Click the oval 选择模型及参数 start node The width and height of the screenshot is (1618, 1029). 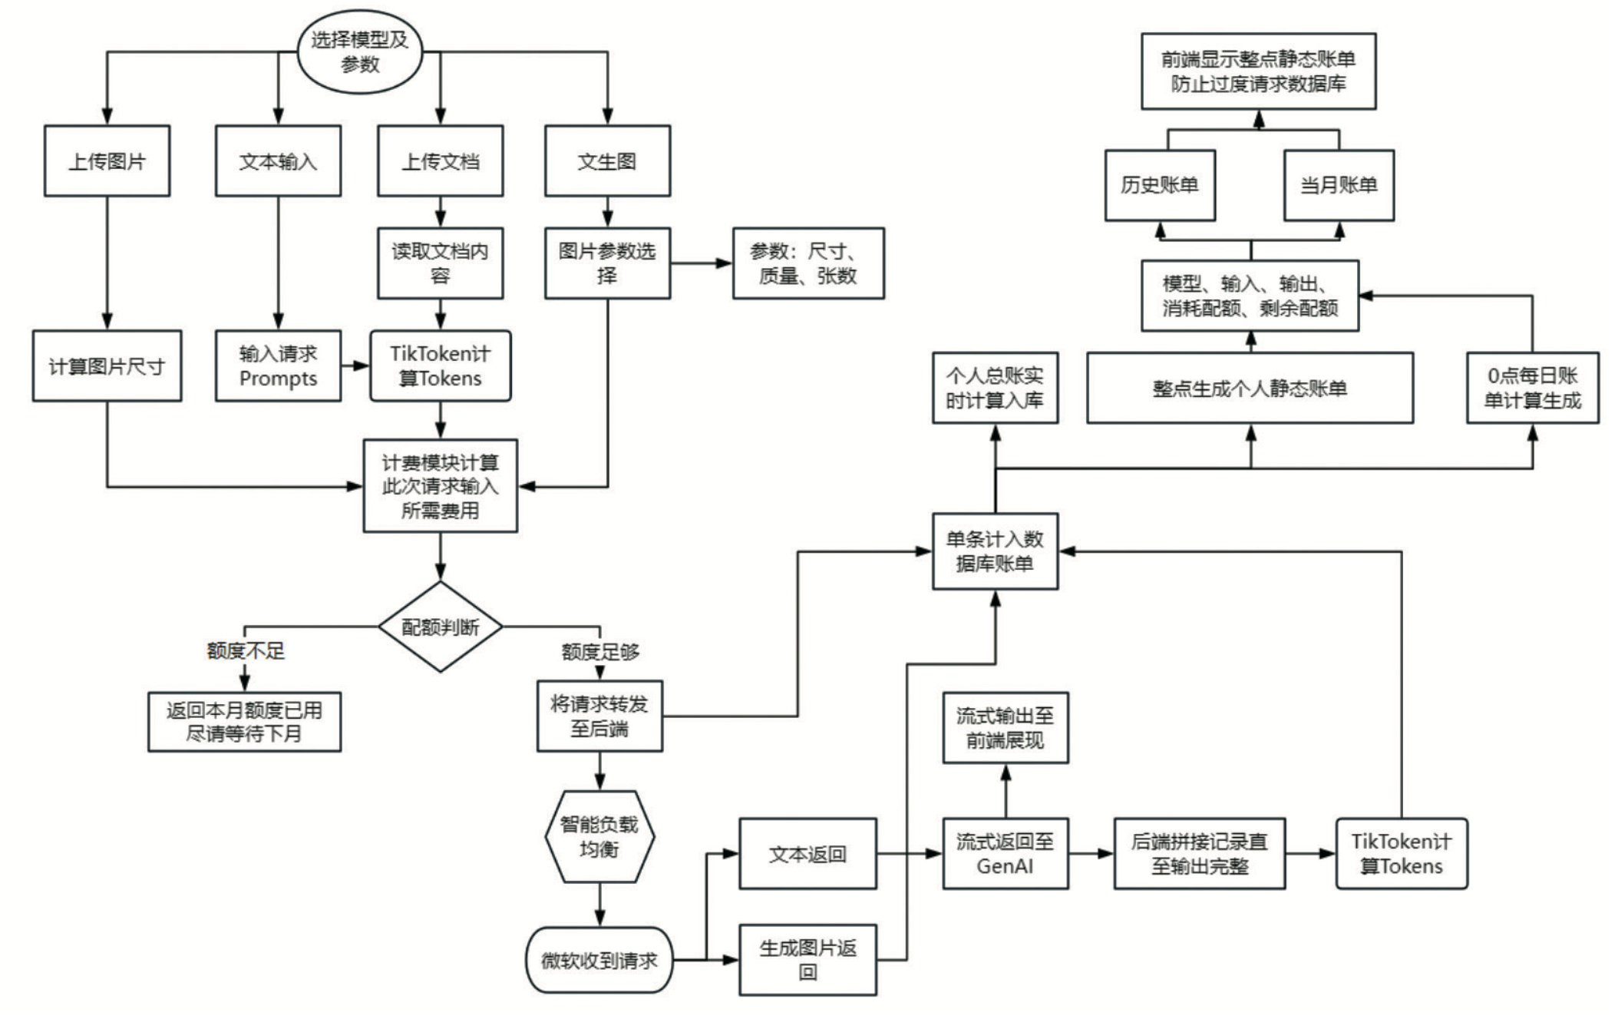click(359, 52)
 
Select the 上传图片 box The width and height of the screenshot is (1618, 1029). click(107, 161)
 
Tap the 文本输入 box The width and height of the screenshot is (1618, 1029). click(278, 161)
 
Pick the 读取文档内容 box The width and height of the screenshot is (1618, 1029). click(440, 263)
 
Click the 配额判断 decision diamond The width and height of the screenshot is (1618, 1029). click(440, 627)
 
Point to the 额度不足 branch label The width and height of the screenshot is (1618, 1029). click(246, 651)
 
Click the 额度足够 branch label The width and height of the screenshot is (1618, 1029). click(600, 652)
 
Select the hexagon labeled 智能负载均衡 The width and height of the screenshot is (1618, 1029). click(599, 837)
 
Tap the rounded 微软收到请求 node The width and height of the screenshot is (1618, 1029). click(599, 960)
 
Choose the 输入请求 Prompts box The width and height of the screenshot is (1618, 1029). click(278, 366)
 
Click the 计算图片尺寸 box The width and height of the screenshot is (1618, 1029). click(107, 366)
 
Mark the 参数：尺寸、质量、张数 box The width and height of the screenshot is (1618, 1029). click(808, 263)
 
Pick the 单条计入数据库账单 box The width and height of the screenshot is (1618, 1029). click(995, 551)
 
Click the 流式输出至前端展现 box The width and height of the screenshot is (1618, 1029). click(1005, 728)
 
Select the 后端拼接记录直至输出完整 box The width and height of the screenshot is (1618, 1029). click(1199, 854)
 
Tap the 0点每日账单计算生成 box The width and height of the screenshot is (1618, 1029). click(1532, 388)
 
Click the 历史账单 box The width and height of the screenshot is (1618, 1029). click(1160, 185)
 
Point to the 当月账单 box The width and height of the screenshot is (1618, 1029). click(1339, 185)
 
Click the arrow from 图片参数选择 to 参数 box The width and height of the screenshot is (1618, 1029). click(701, 263)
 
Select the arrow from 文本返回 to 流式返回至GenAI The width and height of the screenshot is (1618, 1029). click(910, 854)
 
